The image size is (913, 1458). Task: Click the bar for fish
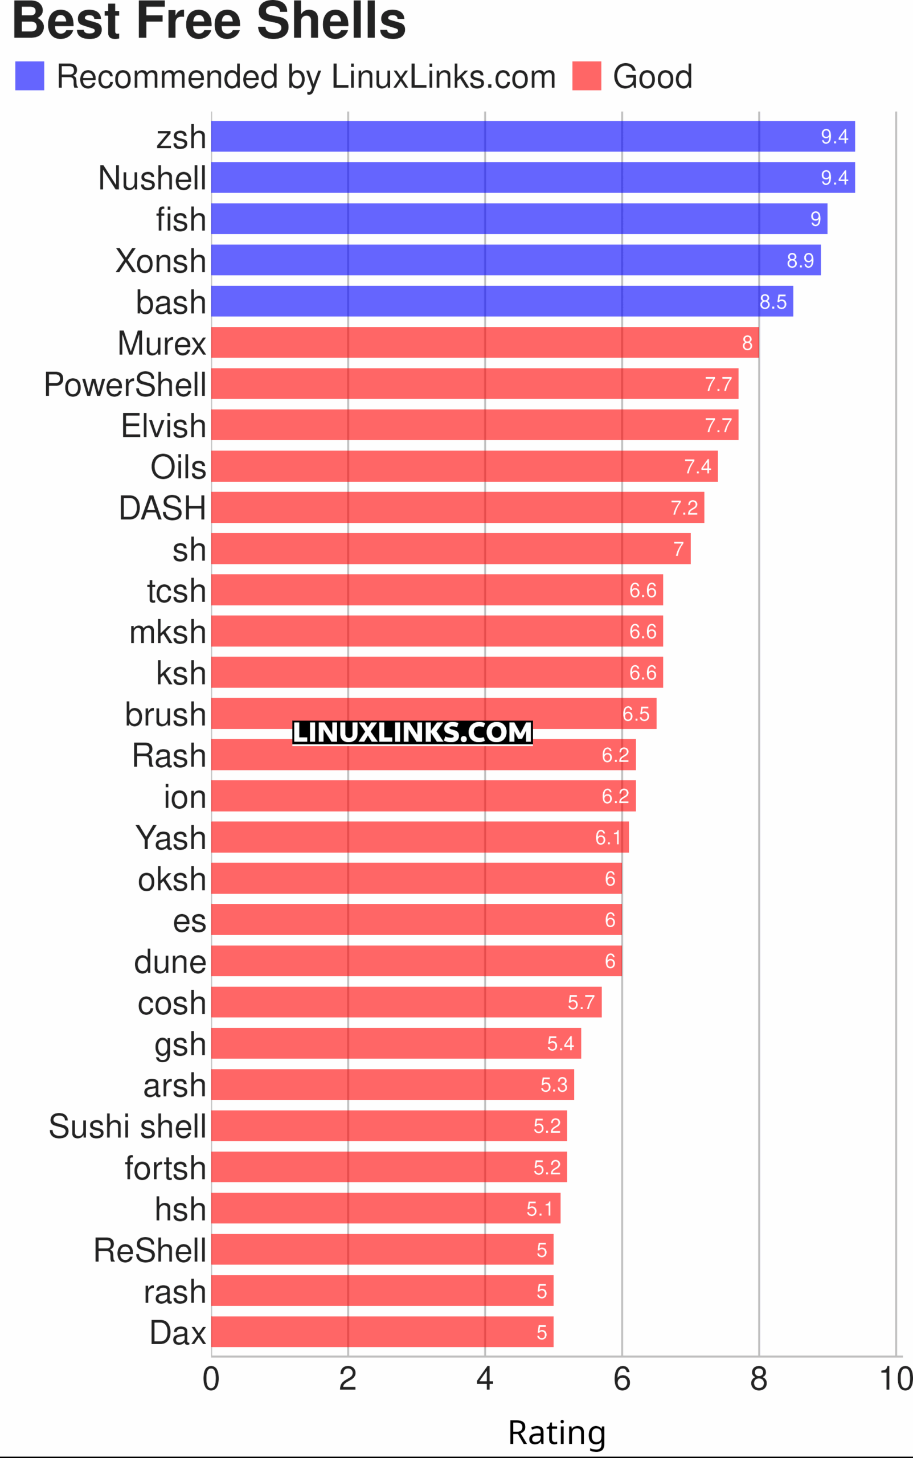(x=519, y=219)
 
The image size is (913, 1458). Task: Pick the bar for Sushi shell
(x=390, y=1125)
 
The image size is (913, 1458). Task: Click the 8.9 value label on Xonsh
(x=800, y=260)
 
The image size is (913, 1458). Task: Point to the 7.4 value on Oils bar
(x=698, y=466)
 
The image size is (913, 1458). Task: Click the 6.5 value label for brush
(x=636, y=714)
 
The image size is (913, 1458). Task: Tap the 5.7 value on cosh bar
(x=581, y=1002)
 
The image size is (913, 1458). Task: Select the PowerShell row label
(x=125, y=384)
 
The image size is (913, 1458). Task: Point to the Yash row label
(x=171, y=838)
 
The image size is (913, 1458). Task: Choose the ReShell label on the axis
(x=150, y=1250)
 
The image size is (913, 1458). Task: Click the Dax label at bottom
(x=178, y=1333)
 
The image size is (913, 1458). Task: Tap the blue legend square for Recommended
(x=30, y=76)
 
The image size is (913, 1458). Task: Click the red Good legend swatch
(x=586, y=76)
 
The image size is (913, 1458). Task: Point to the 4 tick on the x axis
(x=485, y=1379)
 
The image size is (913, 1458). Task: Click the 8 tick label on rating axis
(x=759, y=1379)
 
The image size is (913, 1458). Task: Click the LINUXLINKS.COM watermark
(x=412, y=733)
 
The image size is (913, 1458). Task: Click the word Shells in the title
(x=331, y=21)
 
